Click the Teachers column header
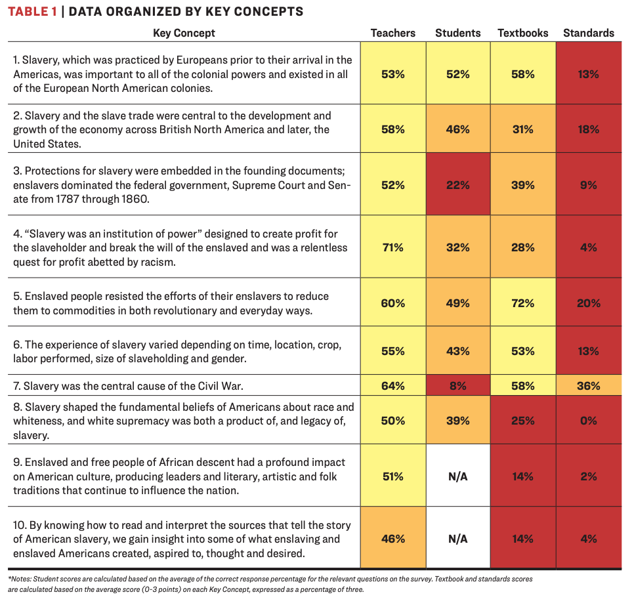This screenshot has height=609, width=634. click(392, 33)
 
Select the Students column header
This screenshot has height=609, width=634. click(457, 33)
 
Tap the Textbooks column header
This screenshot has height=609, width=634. click(523, 33)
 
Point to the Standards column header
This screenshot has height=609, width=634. click(589, 33)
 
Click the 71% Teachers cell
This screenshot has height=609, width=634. click(392, 247)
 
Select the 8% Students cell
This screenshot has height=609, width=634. click(457, 386)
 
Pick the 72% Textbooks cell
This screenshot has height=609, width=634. click(523, 303)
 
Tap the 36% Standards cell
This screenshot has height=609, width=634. click(589, 386)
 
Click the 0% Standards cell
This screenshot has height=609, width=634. click(589, 421)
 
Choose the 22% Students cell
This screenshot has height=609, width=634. click(457, 186)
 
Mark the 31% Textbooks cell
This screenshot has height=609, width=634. click(523, 130)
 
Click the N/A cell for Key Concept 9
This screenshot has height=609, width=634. click(457, 476)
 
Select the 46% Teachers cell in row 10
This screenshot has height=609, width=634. click(392, 539)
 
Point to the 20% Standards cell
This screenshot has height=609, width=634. click(589, 303)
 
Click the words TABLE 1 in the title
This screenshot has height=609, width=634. click(32, 11)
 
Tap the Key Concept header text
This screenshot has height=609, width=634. click(184, 33)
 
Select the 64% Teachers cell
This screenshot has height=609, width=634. click(392, 386)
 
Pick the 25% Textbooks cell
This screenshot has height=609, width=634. click(523, 421)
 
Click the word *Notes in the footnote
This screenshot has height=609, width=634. click(20, 579)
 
